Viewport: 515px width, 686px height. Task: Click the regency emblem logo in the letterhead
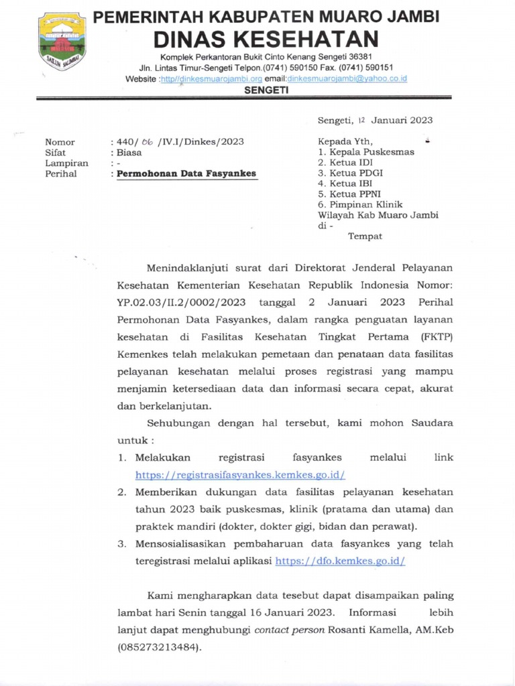tap(62, 42)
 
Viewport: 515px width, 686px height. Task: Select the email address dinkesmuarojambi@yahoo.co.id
tap(347, 79)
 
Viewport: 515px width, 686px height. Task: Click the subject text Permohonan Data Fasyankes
tap(187, 174)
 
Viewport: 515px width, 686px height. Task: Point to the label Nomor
tap(60, 142)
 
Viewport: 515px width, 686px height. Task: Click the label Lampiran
tap(66, 163)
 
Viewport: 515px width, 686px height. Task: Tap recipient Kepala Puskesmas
tap(371, 152)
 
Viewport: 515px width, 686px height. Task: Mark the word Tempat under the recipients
tap(365, 236)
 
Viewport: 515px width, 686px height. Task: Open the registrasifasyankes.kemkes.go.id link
tap(240, 475)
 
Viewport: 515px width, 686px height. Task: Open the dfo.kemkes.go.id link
tap(340, 561)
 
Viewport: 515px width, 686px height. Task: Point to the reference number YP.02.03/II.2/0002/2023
tap(180, 301)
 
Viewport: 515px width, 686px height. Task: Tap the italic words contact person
tap(290, 630)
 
